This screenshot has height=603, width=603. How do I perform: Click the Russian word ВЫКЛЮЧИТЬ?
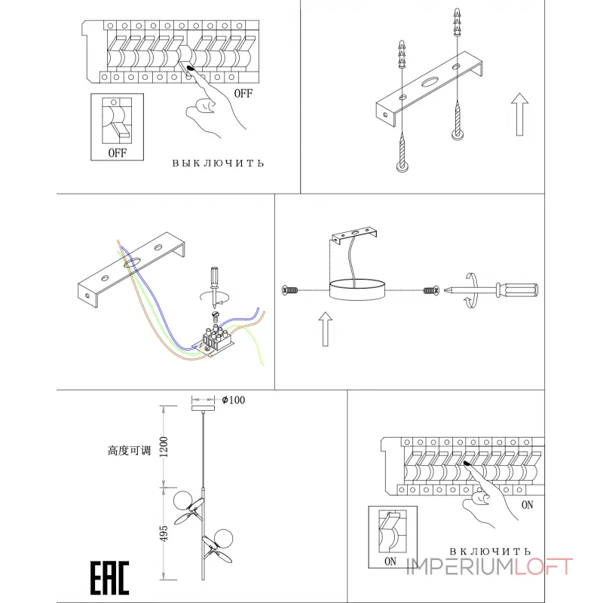[218, 163]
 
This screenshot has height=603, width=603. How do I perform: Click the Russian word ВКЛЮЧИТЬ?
[490, 551]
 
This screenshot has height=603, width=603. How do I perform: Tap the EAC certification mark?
[109, 578]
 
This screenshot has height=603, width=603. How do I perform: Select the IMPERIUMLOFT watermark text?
[489, 567]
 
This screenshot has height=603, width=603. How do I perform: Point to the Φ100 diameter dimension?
[234, 400]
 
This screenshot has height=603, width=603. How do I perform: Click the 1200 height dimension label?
[164, 447]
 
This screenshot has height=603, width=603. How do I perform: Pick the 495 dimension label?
[164, 534]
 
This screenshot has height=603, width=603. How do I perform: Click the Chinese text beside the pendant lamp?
[129, 450]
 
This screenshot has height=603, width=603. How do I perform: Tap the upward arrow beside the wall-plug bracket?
[519, 115]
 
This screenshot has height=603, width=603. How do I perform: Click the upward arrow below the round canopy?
[326, 329]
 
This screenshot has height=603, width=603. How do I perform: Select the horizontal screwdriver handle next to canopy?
[517, 290]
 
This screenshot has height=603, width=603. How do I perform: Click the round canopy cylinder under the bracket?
[357, 289]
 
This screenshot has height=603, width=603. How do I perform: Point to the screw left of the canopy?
[290, 290]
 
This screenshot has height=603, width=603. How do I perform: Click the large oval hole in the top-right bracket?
[430, 81]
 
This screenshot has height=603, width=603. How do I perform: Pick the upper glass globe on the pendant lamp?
[182, 500]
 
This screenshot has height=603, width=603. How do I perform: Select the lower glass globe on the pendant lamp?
[223, 538]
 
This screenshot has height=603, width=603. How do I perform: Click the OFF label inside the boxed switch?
[118, 153]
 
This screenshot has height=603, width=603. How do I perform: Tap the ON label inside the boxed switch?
[390, 562]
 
